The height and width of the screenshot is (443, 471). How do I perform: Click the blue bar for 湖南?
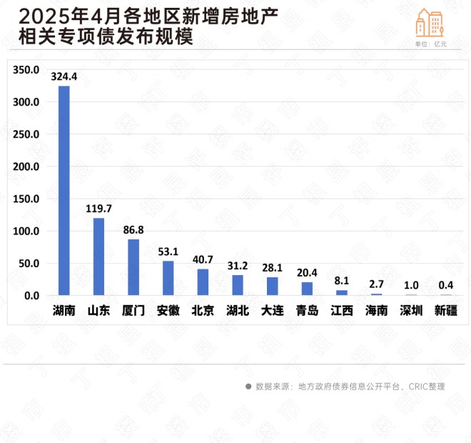point(64,190)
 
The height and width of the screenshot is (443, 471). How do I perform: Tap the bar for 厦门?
point(133,267)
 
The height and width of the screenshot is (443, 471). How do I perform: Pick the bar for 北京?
point(203,282)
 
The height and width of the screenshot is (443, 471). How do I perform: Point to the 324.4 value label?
point(64,75)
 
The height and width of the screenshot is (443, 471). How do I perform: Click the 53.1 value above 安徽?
point(168,251)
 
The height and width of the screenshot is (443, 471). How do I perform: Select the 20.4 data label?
point(307,272)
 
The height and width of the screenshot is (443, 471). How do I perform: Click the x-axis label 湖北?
point(238,311)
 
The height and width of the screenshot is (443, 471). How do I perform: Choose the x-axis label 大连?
point(273,311)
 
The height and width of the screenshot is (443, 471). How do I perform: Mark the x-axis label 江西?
point(342,311)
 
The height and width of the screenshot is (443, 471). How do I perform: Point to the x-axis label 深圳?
point(412,311)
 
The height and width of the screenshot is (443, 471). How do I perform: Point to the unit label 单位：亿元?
point(430,44)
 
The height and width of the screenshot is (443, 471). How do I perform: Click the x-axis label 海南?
point(377,311)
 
